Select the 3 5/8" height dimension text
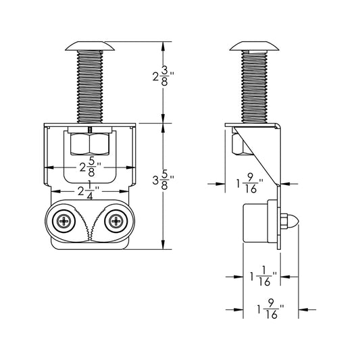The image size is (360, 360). click(x=163, y=181)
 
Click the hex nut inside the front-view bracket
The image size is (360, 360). click(x=91, y=143)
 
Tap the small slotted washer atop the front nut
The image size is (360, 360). click(x=91, y=128)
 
